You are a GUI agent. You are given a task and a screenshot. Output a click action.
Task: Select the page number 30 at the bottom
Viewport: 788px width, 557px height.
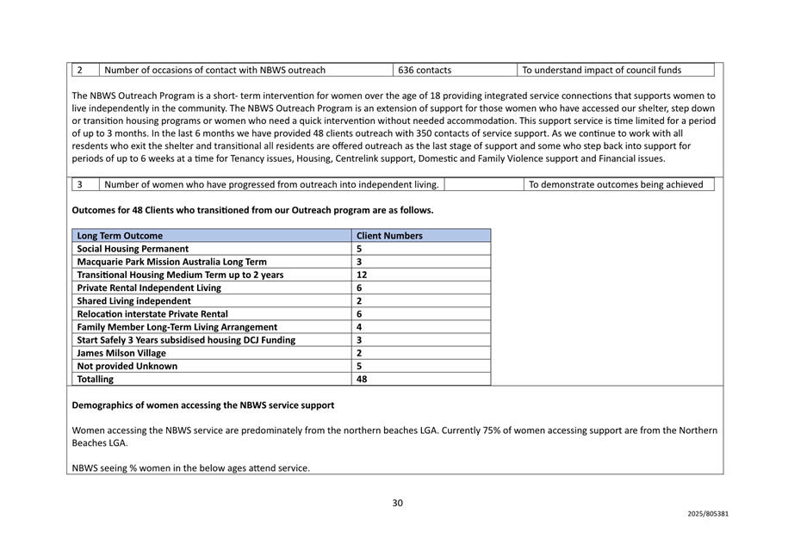[397, 504]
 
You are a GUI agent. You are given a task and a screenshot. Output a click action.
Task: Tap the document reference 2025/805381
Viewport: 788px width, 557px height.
[708, 514]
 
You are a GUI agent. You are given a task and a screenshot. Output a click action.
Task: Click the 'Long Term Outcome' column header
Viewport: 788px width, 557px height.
[120, 235]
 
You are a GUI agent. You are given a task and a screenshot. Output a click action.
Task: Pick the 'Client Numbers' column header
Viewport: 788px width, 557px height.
[389, 235]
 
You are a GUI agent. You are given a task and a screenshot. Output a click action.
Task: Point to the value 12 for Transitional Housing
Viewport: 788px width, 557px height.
[362, 275]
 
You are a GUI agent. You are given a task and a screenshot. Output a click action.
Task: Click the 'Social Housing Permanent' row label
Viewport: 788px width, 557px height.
[133, 249]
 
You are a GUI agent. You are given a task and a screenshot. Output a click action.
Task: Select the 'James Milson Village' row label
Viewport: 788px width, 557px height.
[122, 353]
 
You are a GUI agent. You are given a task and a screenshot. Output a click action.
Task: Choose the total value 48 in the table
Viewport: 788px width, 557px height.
[362, 379]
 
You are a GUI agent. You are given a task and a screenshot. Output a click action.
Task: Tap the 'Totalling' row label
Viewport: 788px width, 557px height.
[95, 379]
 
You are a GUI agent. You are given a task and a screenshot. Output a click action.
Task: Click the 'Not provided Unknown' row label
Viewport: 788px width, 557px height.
[127, 366]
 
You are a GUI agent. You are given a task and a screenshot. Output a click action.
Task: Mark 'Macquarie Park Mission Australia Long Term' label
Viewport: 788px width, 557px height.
[172, 262]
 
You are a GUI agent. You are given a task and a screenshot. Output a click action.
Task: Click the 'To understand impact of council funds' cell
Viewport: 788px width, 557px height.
[601, 70]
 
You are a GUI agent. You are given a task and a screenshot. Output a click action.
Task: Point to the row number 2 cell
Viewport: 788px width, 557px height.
[80, 70]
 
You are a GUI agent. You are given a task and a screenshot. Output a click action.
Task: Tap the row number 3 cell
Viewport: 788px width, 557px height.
[80, 184]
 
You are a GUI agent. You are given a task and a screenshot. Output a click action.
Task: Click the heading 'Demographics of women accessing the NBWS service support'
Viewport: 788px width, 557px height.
[203, 405]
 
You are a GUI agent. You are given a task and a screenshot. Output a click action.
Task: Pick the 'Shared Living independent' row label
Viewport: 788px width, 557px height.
[134, 300]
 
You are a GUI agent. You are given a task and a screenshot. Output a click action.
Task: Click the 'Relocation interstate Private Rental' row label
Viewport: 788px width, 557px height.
[152, 314]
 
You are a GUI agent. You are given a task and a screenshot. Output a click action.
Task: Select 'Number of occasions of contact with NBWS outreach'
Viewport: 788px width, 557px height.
[214, 70]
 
